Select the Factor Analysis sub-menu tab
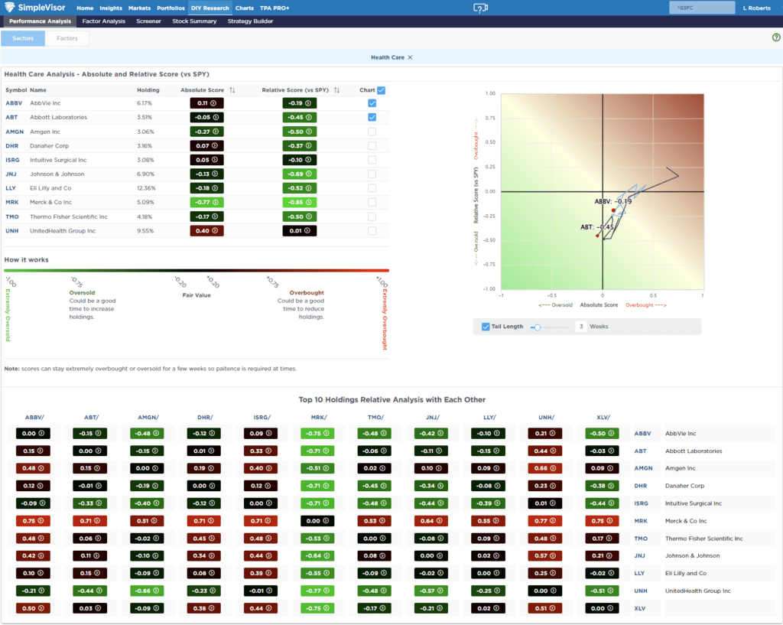click(x=103, y=21)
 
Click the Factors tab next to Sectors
click(x=67, y=38)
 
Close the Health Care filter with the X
click(x=410, y=57)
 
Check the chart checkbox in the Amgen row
click(x=372, y=132)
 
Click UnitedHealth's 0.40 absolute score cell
click(x=206, y=230)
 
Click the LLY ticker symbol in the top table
click(x=11, y=188)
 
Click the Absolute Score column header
click(x=202, y=90)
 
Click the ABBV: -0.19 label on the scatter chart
click(x=613, y=201)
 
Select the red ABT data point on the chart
click(x=598, y=236)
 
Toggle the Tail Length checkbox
click(x=486, y=327)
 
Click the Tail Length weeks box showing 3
click(x=581, y=327)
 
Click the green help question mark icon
click(x=776, y=37)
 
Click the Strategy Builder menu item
click(x=250, y=21)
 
